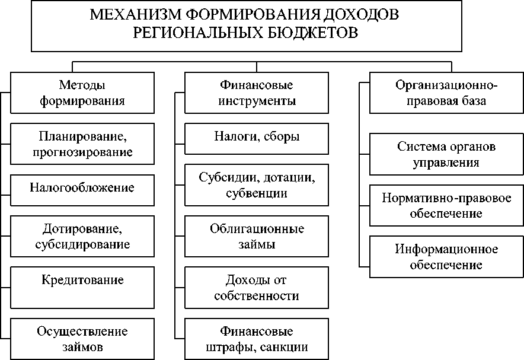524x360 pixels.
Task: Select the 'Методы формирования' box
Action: click(82, 93)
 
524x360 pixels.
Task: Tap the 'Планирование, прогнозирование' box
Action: click(82, 144)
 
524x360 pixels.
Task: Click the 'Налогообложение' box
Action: click(82, 188)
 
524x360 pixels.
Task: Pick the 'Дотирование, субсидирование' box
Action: click(82, 235)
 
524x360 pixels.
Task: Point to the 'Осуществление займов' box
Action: click(82, 339)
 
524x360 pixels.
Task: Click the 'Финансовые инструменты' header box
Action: click(257, 93)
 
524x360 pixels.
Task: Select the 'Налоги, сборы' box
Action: click(257, 137)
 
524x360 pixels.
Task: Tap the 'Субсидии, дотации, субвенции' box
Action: click(257, 185)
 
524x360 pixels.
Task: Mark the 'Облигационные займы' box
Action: click(257, 236)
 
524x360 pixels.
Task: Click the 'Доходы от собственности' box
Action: click(257, 288)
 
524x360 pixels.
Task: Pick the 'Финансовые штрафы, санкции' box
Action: click(257, 339)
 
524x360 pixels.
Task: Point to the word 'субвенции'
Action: click(257, 193)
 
